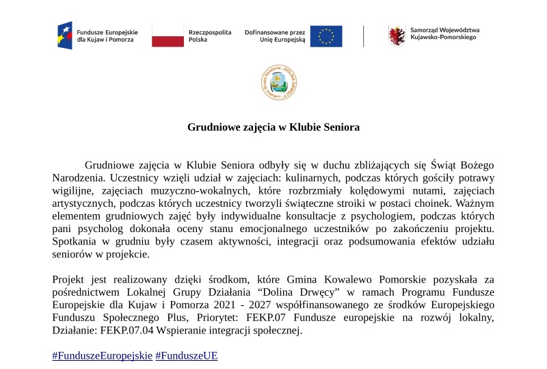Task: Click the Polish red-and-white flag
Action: pyautogui.click(x=168, y=36)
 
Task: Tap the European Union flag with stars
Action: pyautogui.click(x=326, y=36)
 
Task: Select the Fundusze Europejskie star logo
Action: pyautogui.click(x=65, y=36)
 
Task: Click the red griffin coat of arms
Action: pyautogui.click(x=397, y=36)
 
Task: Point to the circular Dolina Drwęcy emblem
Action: pyautogui.click(x=273, y=83)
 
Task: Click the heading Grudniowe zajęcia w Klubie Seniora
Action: pyautogui.click(x=273, y=127)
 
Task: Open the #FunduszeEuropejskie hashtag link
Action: pyautogui.click(x=102, y=356)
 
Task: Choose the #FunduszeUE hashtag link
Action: pyautogui.click(x=186, y=356)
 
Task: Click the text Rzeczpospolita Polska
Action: pyautogui.click(x=210, y=36)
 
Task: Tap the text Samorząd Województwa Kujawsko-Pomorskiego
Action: pyautogui.click(x=444, y=34)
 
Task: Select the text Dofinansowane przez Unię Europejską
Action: pyautogui.click(x=275, y=36)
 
